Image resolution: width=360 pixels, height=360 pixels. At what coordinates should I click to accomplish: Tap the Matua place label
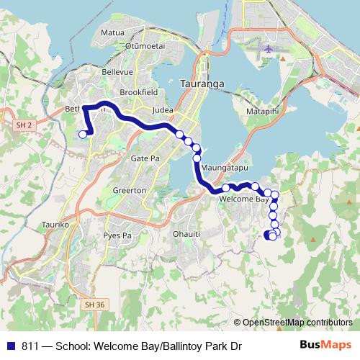[113, 32]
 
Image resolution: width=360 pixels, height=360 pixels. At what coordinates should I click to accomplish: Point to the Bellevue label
[119, 72]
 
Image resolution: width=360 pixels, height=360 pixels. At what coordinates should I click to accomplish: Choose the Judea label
[164, 110]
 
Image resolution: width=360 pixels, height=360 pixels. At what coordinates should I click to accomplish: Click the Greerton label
[130, 190]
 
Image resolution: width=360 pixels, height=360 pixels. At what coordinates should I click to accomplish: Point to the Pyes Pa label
[118, 235]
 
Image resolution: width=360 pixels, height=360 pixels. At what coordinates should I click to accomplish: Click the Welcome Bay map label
[238, 199]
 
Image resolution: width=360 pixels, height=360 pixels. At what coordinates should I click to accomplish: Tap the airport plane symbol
[269, 49]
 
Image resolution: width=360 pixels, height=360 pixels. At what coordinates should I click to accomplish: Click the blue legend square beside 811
[13, 346]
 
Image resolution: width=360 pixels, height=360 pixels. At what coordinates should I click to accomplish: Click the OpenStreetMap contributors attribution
[297, 323]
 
